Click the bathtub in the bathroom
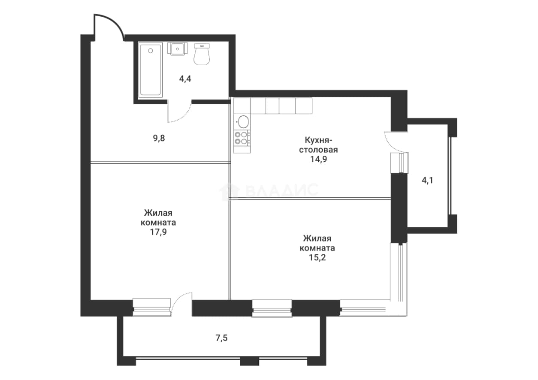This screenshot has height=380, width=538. pyautogui.click(x=150, y=70)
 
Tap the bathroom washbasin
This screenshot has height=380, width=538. pyautogui.click(x=178, y=49)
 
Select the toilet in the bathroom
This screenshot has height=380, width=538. pyautogui.click(x=202, y=54)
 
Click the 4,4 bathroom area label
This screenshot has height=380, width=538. pyautogui.click(x=185, y=79)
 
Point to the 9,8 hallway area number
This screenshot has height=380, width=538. pyautogui.click(x=159, y=138)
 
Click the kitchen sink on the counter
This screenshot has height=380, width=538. pyautogui.click(x=243, y=122)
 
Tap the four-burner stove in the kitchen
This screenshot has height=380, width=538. pyautogui.click(x=242, y=138)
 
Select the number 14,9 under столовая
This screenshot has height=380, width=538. pyautogui.click(x=318, y=159)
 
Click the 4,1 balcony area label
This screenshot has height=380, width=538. pyautogui.click(x=427, y=180)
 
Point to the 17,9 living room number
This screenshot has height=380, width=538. pyautogui.click(x=158, y=232)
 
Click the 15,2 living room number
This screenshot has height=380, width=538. pyautogui.click(x=317, y=257)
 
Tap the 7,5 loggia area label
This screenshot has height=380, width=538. pyautogui.click(x=221, y=338)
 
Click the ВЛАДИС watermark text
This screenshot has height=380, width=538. pyautogui.click(x=282, y=190)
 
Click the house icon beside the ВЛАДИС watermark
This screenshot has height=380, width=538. pyautogui.click(x=230, y=191)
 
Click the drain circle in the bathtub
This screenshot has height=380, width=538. pyautogui.click(x=151, y=51)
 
